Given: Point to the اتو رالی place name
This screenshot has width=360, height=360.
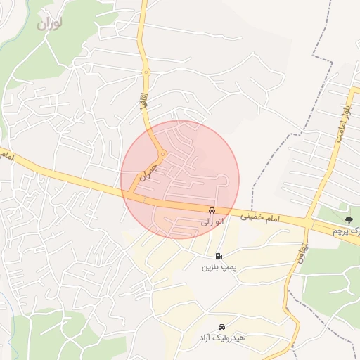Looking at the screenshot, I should coord(212,221).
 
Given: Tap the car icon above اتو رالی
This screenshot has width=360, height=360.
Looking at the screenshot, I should coord(212,210).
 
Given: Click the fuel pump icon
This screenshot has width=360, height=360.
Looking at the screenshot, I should coord(219,256).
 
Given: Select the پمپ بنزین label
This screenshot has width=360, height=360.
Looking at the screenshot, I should coord(217,267).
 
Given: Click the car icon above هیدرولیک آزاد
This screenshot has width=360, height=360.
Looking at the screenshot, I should coord(222,327).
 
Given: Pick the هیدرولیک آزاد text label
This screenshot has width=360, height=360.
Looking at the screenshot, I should coord(221,338).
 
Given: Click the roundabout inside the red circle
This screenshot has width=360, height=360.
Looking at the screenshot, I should coord(162,154).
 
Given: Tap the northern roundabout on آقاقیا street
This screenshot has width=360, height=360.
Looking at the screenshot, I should coord(146,72).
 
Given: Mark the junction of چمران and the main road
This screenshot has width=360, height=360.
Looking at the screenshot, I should coord(131,193).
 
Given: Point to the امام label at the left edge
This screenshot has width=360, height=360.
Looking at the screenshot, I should coord(6,153).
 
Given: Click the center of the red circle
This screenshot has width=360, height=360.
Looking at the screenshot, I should coord(180,179).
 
